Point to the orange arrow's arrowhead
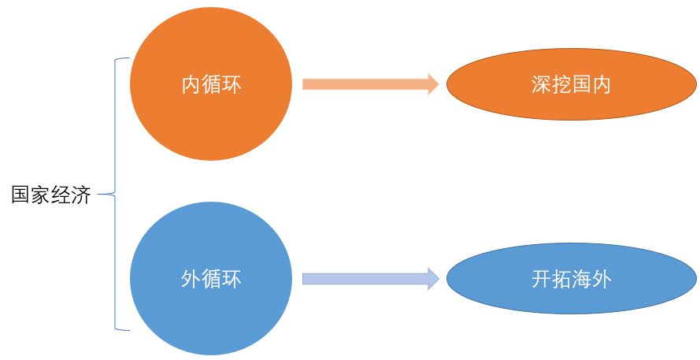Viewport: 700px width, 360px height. click(x=432, y=84)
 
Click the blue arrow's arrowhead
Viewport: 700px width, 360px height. click(x=432, y=278)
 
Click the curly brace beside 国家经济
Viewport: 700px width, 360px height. click(x=117, y=192)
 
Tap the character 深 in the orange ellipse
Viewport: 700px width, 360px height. click(x=541, y=85)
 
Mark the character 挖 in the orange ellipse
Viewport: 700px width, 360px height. click(x=561, y=85)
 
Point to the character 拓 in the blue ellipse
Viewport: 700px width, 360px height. click(x=561, y=280)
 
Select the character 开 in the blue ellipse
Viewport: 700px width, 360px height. click(x=541, y=280)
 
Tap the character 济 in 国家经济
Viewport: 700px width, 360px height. click(x=81, y=195)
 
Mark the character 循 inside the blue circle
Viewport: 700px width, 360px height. click(x=212, y=278)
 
